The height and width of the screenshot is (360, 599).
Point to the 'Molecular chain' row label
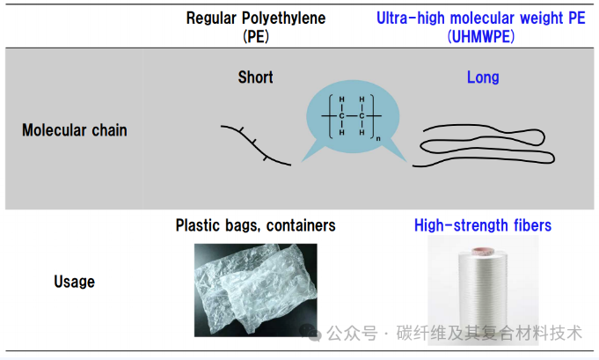[75, 130]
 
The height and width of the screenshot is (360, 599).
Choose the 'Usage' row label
[75, 282]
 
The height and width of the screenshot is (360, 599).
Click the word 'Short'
[255, 77]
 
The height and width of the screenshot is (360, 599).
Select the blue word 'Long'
[483, 77]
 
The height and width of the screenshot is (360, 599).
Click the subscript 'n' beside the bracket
[379, 138]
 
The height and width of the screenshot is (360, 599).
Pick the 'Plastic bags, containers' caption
[255, 225]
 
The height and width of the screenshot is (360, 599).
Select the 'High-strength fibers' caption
[483, 225]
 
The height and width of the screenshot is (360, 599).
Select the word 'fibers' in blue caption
[530, 225]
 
